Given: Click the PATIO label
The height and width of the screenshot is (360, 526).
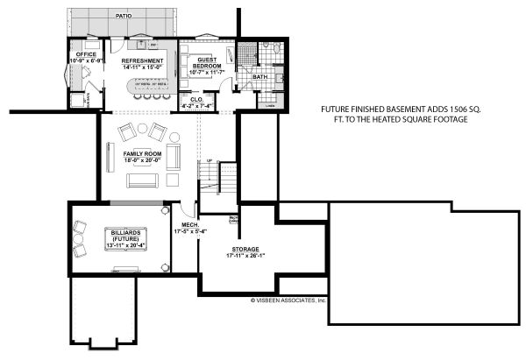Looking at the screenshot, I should (x=122, y=16).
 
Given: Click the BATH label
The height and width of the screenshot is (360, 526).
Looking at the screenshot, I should (x=260, y=77).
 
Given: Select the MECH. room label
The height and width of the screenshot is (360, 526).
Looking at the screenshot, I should (x=191, y=226).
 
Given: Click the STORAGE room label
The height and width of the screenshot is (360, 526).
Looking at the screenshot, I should (x=239, y=250).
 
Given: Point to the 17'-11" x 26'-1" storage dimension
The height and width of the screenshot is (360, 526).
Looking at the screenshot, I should (x=239, y=257).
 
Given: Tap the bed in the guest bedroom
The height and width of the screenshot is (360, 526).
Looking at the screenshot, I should (x=194, y=67).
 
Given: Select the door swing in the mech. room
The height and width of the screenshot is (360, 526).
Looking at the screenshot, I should (x=188, y=210).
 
